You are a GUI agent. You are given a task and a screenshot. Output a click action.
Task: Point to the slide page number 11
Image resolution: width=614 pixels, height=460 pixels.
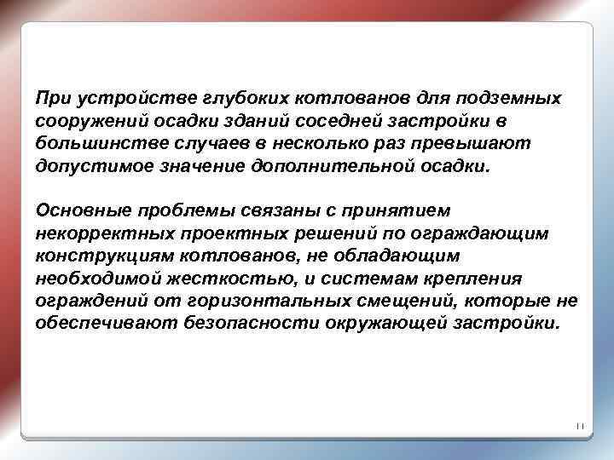[577, 426]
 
